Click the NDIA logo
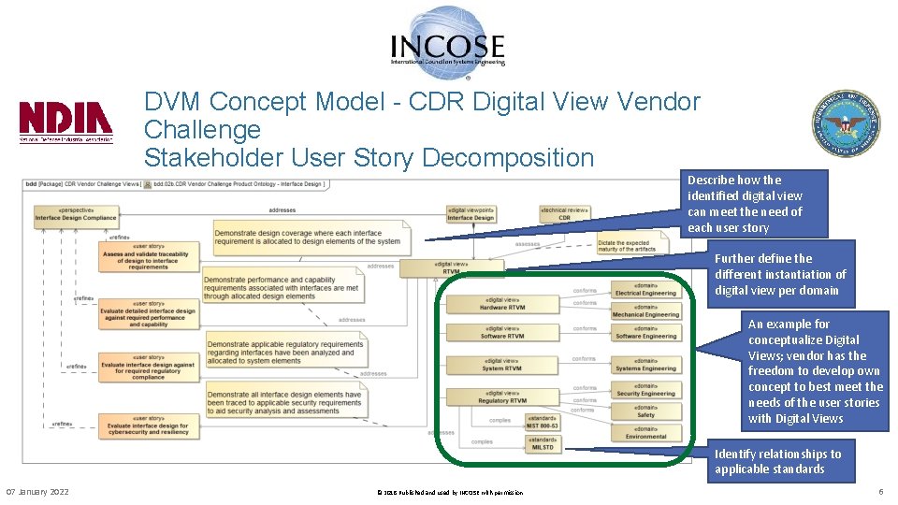click(66, 122)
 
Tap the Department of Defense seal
click(846, 123)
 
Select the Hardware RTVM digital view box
click(502, 303)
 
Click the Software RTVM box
click(502, 332)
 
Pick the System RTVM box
click(502, 364)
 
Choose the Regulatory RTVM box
click(502, 397)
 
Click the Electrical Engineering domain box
click(645, 289)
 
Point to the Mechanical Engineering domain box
click(645, 310)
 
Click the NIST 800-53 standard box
click(543, 422)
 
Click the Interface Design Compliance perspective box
click(76, 214)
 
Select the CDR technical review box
click(564, 214)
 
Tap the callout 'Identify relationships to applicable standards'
click(778, 461)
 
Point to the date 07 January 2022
click(37, 492)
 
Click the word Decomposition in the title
click(502, 158)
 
